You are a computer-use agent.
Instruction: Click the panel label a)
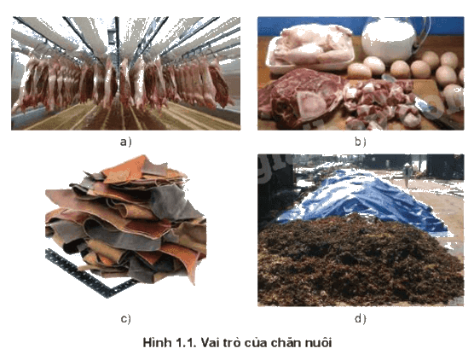click(126, 142)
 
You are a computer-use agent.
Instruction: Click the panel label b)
click(360, 142)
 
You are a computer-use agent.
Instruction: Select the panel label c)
click(126, 319)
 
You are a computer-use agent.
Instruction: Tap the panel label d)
click(360, 319)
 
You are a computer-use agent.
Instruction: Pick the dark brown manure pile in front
click(360, 260)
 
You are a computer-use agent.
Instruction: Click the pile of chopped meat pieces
click(381, 102)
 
